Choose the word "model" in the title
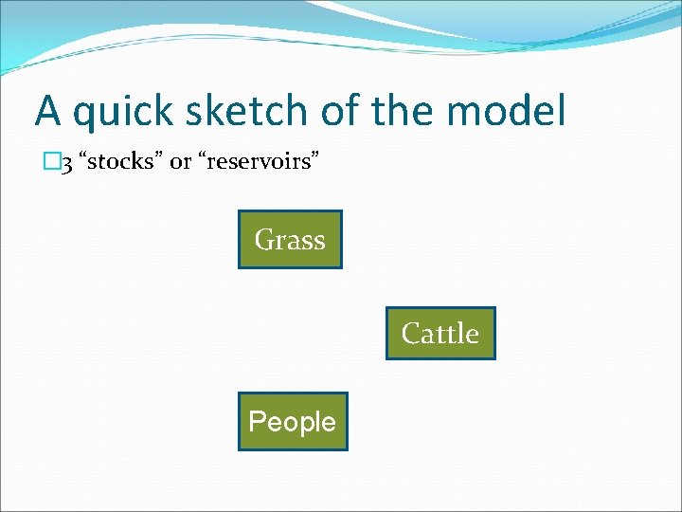pyautogui.click(x=507, y=111)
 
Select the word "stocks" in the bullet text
pyautogui.click(x=122, y=161)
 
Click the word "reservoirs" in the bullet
pyautogui.click(x=255, y=162)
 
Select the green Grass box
pyautogui.click(x=290, y=240)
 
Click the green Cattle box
pyautogui.click(x=440, y=334)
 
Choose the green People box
pyautogui.click(x=293, y=421)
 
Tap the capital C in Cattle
pyautogui.click(x=410, y=334)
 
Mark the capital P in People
pyautogui.click(x=256, y=421)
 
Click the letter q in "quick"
pyautogui.click(x=82, y=115)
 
